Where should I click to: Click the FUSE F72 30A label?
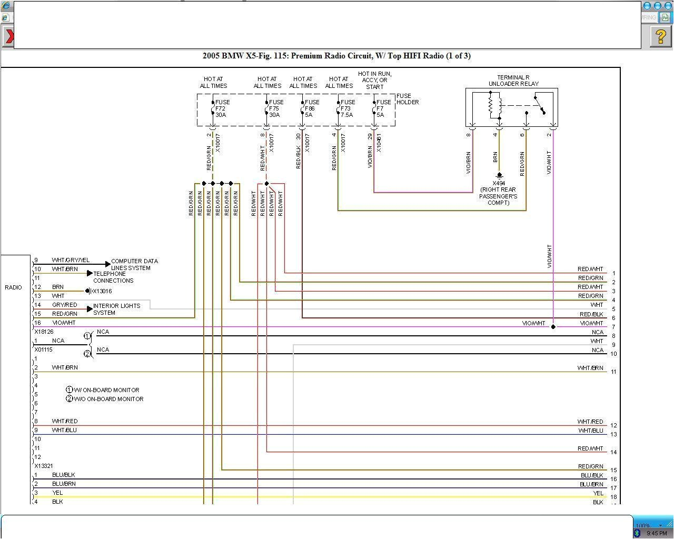(222, 108)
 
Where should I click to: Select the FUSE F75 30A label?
(276, 108)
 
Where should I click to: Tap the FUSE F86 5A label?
(312, 108)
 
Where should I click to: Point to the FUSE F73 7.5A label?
(348, 108)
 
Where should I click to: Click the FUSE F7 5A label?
(383, 108)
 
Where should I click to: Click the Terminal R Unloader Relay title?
(513, 81)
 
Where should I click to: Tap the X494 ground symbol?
(499, 176)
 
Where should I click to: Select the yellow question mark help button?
(660, 36)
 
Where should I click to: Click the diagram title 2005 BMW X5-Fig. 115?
(336, 56)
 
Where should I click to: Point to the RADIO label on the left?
(14, 287)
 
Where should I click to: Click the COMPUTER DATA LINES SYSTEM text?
(134, 264)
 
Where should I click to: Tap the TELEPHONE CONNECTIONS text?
(113, 277)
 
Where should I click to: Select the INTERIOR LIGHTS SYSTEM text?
(116, 309)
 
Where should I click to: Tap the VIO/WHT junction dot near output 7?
(553, 327)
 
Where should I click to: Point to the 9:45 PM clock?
(657, 533)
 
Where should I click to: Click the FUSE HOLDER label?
(408, 99)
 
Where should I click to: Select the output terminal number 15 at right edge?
(613, 470)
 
